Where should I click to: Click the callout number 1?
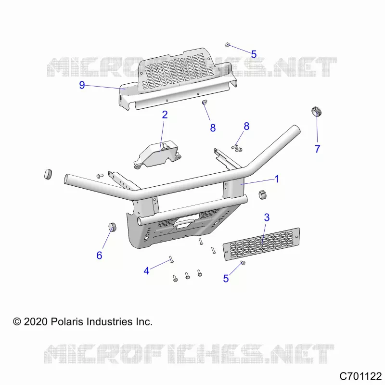coord(277,179)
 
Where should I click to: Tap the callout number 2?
coord(165,115)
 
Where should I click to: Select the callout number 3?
coord(267,218)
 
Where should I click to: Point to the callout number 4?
coord(147,271)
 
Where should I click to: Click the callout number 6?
coord(99,256)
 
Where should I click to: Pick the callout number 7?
coord(318,149)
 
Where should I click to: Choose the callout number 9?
coord(82,85)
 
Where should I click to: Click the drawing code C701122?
coord(360,376)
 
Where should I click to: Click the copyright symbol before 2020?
coord(17,321)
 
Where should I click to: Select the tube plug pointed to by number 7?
coord(317,112)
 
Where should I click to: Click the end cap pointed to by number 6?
coord(112,227)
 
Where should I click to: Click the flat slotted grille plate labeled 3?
coord(261,244)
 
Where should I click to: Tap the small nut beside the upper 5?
coord(227,45)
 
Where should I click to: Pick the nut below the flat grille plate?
coord(243,263)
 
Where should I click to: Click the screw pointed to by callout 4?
coord(171,259)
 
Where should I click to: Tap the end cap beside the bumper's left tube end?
coord(48,174)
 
